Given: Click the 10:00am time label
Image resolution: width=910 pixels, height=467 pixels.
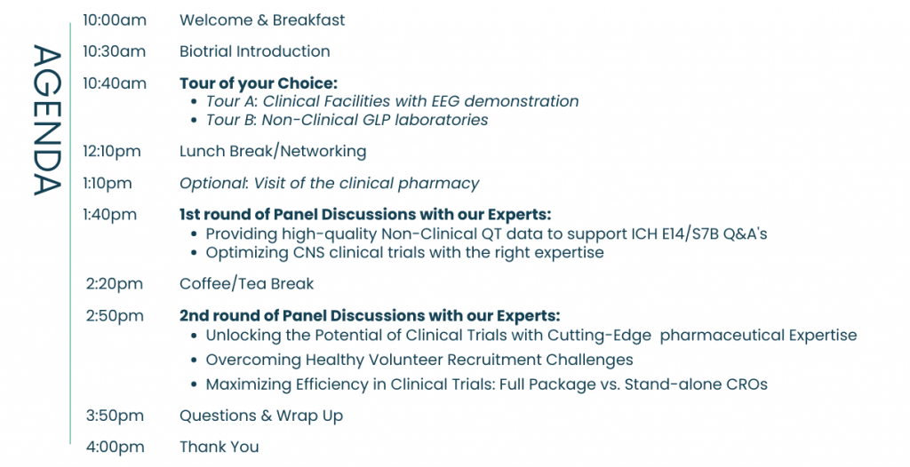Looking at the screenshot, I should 115,20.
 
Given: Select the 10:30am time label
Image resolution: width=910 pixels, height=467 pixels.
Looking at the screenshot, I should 115,51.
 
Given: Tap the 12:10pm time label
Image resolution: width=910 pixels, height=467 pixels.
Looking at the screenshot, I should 112,151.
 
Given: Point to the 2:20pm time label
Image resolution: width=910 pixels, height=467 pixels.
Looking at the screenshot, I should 115,284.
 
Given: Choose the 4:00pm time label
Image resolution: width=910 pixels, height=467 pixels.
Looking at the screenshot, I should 115,447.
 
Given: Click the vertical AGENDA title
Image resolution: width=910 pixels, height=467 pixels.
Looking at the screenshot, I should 46,120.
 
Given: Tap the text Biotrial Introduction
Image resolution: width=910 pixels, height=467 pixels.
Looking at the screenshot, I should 255,51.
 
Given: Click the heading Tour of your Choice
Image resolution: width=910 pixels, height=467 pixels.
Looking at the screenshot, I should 258,83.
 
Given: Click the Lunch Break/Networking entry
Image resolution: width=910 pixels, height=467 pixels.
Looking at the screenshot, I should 273,151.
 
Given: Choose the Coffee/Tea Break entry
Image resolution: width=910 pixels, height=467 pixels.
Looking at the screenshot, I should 246,284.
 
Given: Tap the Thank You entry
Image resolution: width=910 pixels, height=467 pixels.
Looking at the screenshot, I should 220,447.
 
